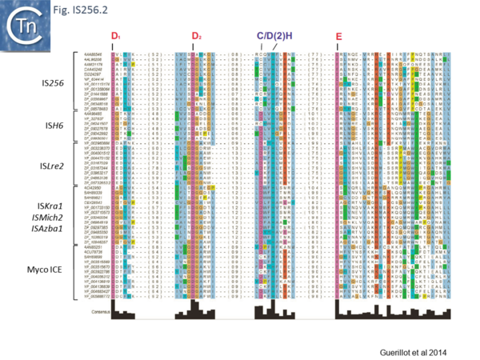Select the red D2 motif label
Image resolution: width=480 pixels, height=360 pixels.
point(196,38)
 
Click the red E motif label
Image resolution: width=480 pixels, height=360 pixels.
point(339,38)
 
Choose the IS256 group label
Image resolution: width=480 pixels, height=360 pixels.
point(54,83)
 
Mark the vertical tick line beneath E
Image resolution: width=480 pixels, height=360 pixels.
point(339,48)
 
